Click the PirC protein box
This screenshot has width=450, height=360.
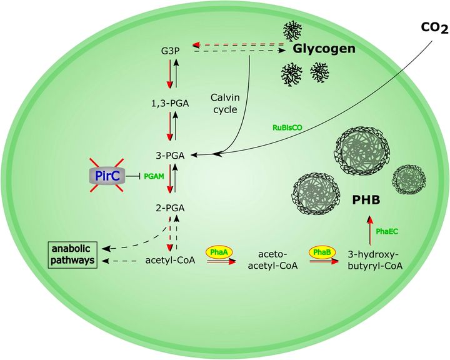107,176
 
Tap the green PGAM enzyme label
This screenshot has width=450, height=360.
154,176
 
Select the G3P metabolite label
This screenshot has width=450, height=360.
171,51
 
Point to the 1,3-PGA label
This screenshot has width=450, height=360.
170,103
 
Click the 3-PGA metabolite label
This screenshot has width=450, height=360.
170,156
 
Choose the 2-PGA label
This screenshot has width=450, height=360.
170,208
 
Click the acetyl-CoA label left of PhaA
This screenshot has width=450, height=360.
171,260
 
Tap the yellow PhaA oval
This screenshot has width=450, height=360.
219,252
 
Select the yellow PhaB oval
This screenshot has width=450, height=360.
322,252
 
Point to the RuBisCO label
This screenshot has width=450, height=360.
287,127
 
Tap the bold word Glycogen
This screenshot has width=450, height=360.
324,49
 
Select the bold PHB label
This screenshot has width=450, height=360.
366,200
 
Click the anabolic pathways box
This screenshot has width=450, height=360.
72,254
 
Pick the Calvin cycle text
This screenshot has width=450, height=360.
225,103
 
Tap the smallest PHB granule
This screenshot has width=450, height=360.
409,180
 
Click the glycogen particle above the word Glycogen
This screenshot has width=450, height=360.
292,31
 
